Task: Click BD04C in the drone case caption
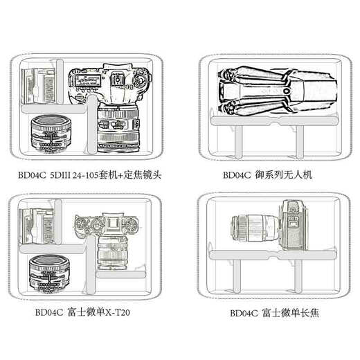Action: pos(237,175)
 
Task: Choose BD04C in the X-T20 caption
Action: pos(49,312)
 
